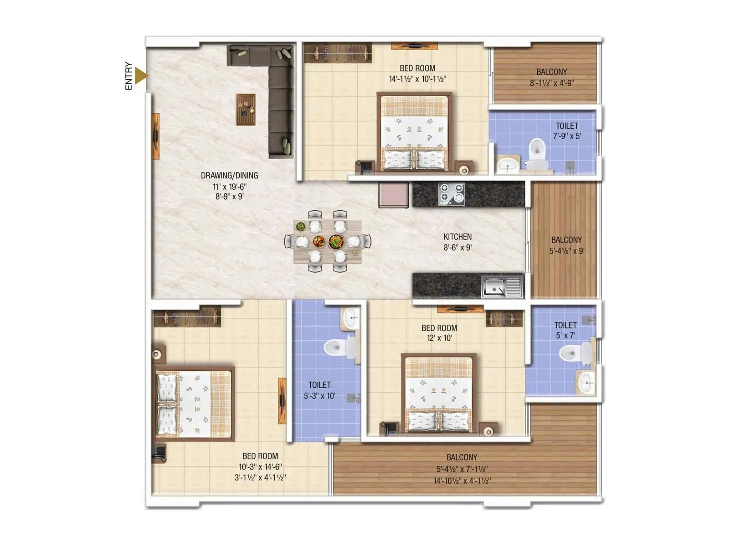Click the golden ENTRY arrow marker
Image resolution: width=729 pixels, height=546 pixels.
coord(141,76)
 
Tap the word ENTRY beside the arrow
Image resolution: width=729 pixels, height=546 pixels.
coord(128,76)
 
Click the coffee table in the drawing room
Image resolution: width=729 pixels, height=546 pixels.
coord(246,109)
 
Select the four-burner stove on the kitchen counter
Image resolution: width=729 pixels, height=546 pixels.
coord(452,194)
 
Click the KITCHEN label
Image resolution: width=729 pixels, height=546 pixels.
coord(457,237)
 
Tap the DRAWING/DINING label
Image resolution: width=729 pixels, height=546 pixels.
coord(229,176)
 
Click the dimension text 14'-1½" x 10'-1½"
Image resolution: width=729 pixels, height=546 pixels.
coord(417,79)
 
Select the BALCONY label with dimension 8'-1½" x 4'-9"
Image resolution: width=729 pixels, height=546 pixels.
coord(551,72)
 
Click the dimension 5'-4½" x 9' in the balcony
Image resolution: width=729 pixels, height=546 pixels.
coord(566,251)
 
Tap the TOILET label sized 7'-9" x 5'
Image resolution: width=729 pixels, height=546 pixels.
coord(567,126)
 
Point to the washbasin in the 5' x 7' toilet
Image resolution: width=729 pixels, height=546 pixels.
coord(585,382)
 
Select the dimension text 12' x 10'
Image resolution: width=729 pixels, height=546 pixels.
coord(439,338)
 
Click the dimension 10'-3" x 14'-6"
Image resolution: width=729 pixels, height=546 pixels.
coord(260,467)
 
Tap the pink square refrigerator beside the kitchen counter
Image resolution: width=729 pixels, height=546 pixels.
coord(394,195)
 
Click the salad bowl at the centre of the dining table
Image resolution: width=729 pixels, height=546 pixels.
coord(336,241)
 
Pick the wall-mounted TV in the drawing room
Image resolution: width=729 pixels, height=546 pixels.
coord(155,136)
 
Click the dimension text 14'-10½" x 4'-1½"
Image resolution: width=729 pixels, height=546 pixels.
coord(462,480)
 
